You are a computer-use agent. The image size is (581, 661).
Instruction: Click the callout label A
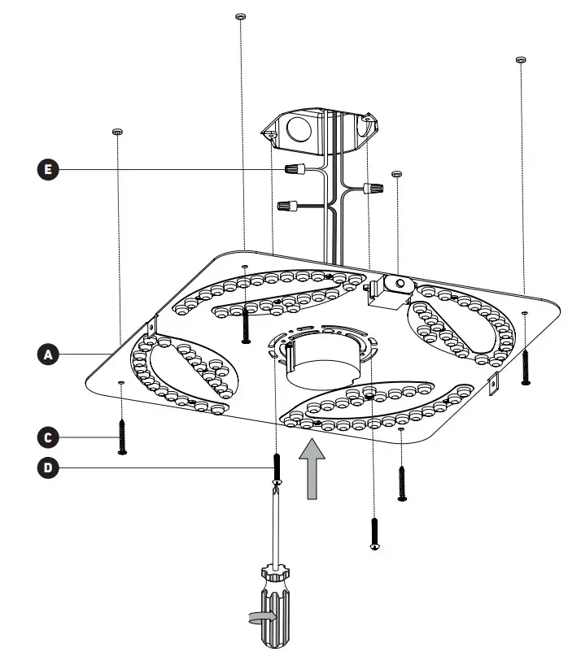pos(48,354)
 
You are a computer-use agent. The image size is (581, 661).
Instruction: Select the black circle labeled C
pos(48,437)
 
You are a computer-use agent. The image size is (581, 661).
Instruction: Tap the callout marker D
pos(48,467)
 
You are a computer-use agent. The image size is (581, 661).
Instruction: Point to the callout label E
pos(48,169)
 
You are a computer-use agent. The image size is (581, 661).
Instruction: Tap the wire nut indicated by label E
pos(295,171)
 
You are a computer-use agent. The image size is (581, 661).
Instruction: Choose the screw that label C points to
pos(122,437)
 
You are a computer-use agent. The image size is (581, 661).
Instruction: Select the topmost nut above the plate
pos(239,16)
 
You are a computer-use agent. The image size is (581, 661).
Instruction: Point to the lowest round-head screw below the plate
pos(374,533)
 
